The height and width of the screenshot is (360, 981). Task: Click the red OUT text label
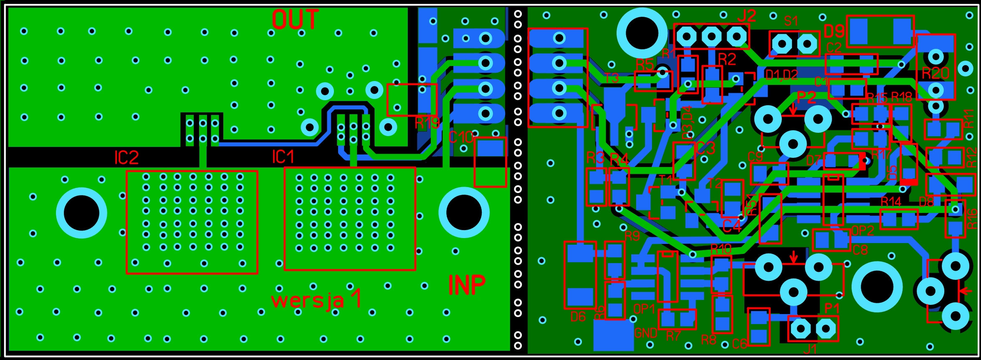[295, 19]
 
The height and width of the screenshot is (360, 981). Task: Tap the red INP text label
[467, 285]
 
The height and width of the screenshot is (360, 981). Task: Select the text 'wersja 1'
[316, 299]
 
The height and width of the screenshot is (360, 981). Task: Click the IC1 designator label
[283, 157]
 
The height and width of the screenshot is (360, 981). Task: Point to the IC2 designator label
[126, 157]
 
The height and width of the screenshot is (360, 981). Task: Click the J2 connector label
[747, 16]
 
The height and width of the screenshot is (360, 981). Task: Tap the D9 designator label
[834, 31]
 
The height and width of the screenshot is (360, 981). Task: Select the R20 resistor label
[935, 74]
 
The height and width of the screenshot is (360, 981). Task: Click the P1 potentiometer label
[832, 308]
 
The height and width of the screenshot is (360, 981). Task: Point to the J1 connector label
[810, 348]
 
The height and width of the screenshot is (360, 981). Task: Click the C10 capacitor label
[461, 137]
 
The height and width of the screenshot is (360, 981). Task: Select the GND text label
[646, 333]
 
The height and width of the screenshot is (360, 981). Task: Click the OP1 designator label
[644, 309]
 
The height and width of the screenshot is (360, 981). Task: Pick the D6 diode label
[578, 317]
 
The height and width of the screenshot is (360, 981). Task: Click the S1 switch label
[791, 21]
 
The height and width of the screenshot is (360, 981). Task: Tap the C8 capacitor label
[860, 250]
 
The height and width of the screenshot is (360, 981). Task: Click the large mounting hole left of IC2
[81, 213]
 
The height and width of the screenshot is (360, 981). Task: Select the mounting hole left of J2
[642, 33]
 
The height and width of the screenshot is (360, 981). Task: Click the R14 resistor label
[891, 202]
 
